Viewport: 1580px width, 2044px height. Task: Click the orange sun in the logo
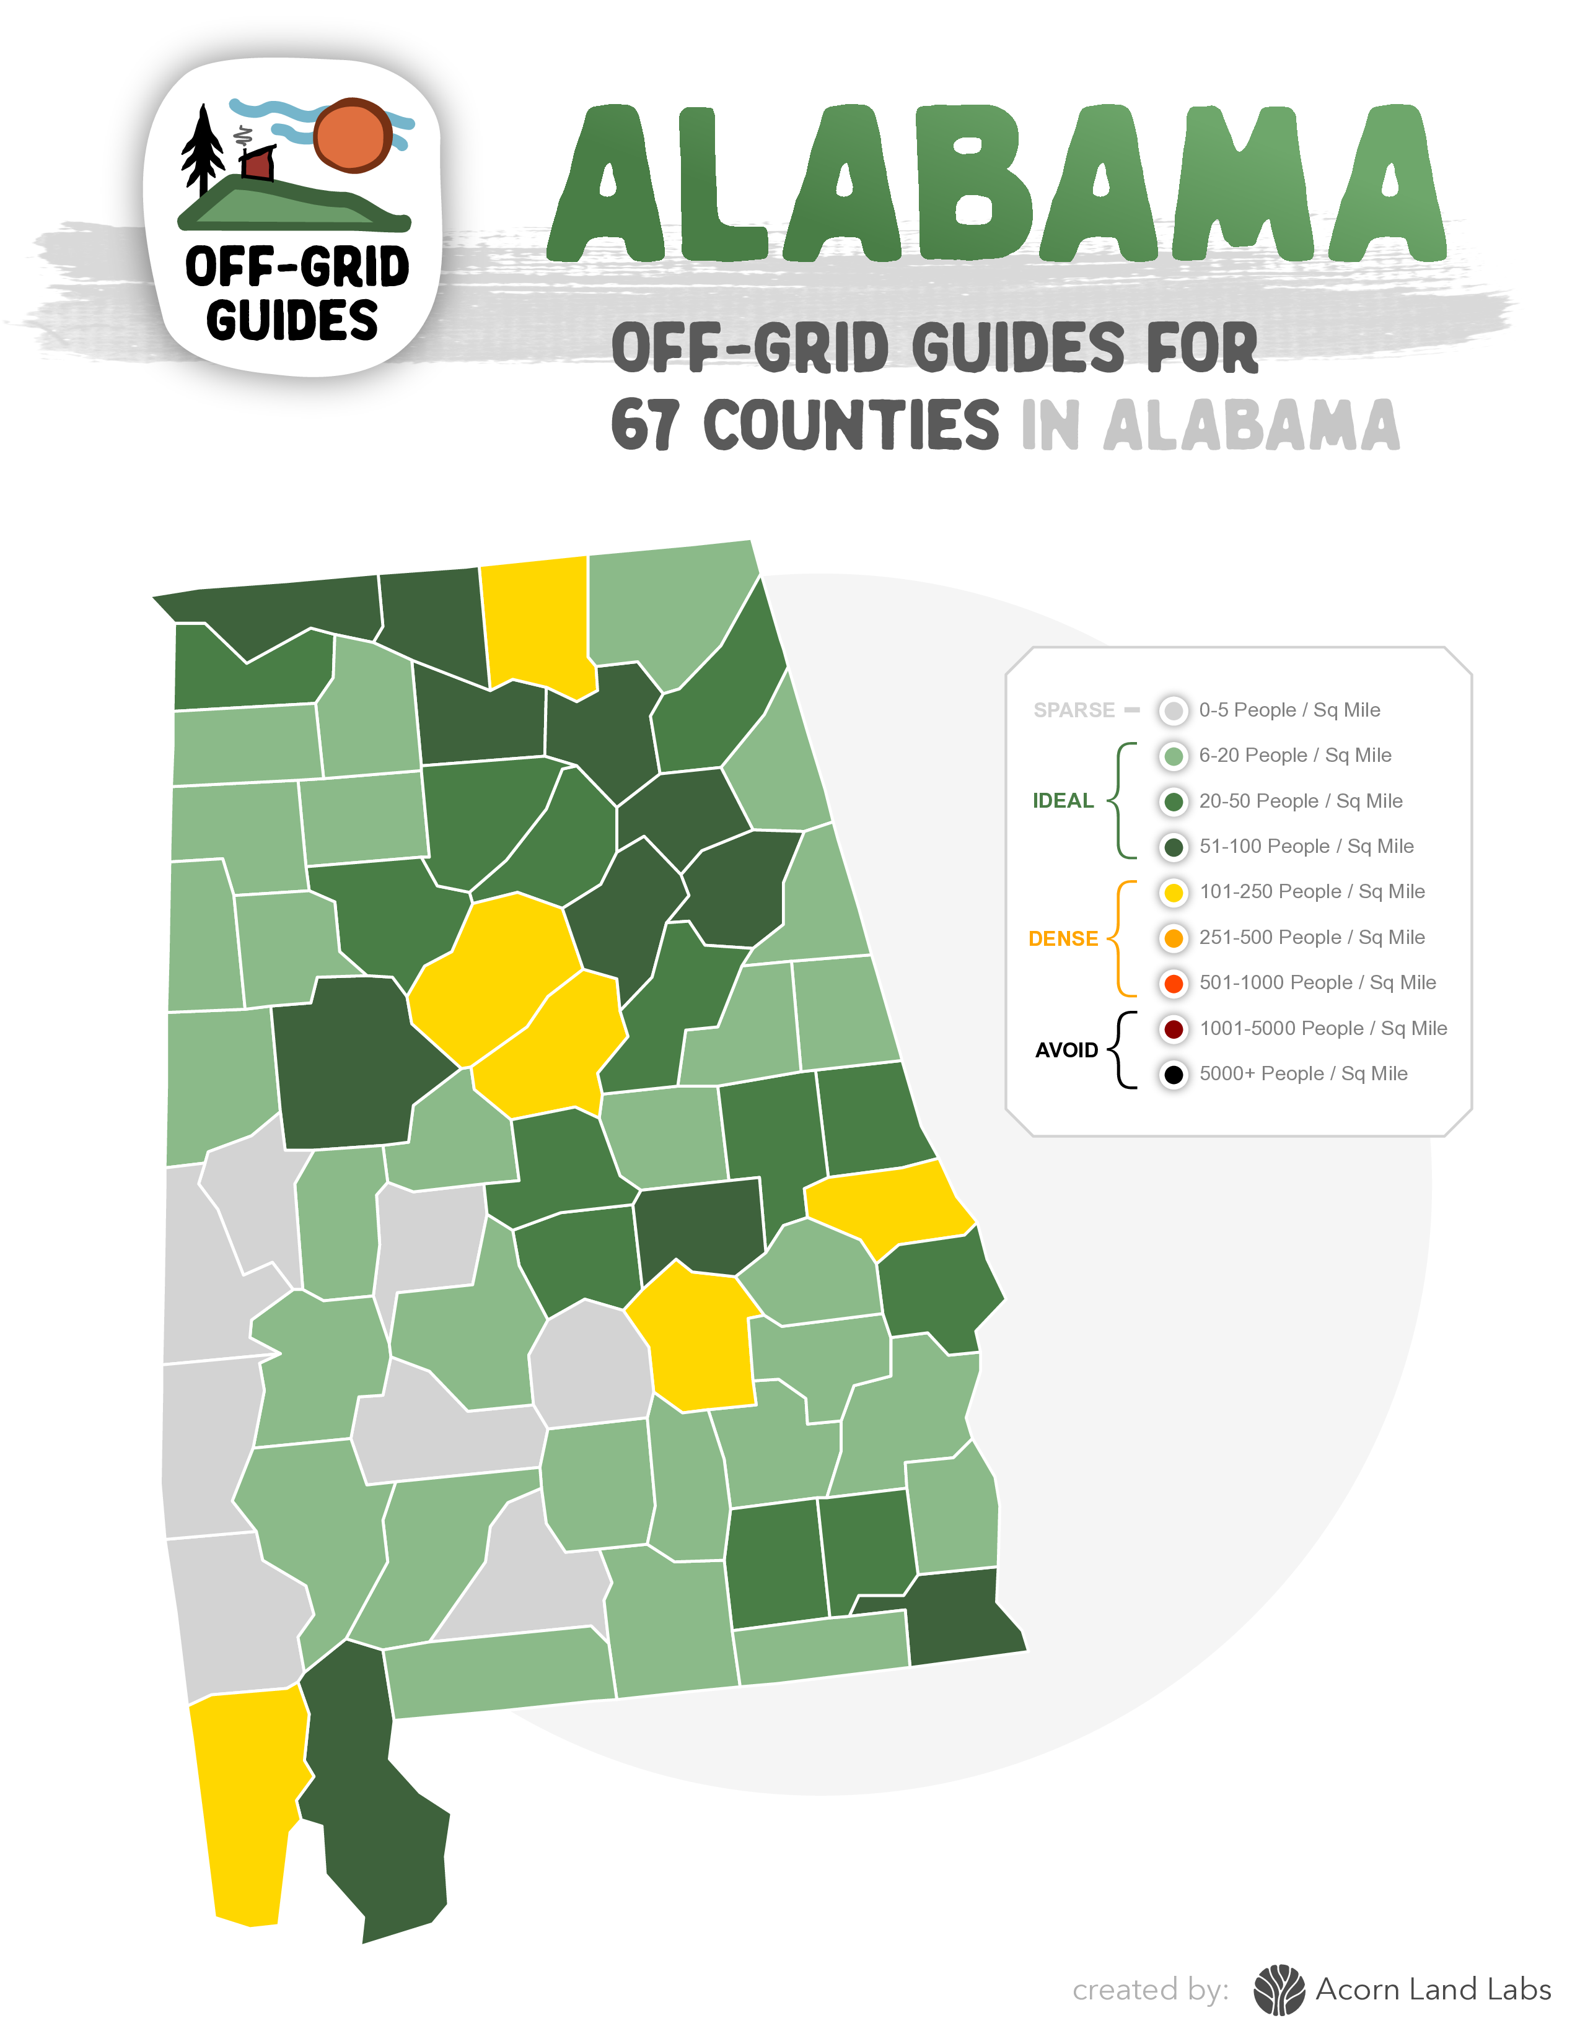pyautogui.click(x=352, y=136)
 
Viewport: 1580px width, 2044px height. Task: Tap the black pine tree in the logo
pyautogui.click(x=201, y=150)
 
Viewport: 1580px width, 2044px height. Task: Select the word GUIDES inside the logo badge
pyautogui.click(x=292, y=320)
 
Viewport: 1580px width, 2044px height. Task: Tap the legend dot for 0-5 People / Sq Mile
pyautogui.click(x=1173, y=710)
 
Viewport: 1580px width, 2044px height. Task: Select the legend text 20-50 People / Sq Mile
pyautogui.click(x=1300, y=801)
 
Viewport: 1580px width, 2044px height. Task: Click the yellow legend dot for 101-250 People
pyautogui.click(x=1173, y=892)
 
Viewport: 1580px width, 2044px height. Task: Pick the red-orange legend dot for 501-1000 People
pyautogui.click(x=1173, y=983)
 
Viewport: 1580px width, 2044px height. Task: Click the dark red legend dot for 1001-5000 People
pyautogui.click(x=1173, y=1029)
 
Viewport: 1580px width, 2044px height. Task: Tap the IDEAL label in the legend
pyautogui.click(x=1063, y=801)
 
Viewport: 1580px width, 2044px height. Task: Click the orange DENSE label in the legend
pyautogui.click(x=1063, y=939)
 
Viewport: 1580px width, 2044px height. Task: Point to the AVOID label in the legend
pyautogui.click(x=1066, y=1050)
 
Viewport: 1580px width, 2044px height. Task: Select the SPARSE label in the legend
pyautogui.click(x=1074, y=710)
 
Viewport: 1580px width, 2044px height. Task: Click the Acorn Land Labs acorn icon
pyautogui.click(x=1279, y=1989)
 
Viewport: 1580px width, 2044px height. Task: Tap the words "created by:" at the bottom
pyautogui.click(x=1151, y=1989)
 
